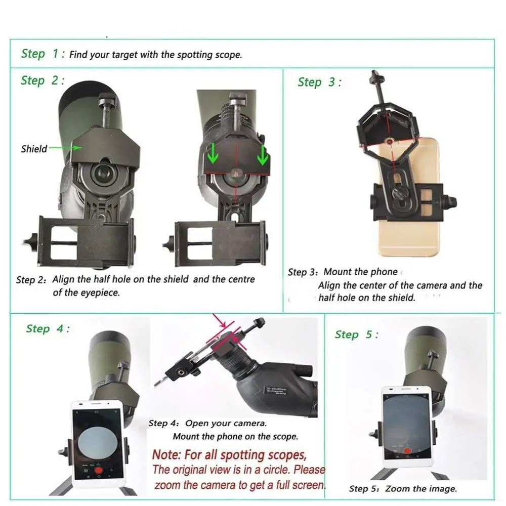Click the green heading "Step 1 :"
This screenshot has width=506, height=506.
point(43,54)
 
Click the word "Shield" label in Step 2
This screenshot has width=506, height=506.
point(34,149)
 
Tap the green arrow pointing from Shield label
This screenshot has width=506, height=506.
point(65,148)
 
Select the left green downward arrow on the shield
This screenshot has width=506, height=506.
point(213,153)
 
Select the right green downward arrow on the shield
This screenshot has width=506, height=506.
point(262,155)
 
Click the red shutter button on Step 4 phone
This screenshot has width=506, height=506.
point(99,470)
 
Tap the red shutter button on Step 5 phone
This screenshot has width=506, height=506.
point(408,450)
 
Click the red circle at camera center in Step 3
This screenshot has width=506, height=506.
point(390,141)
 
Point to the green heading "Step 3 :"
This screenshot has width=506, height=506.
point(319,82)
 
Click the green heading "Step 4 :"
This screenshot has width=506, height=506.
point(48,329)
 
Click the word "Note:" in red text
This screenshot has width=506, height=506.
point(166,455)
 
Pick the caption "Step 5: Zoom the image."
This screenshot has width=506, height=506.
point(403,489)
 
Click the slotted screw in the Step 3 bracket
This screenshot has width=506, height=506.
point(400,194)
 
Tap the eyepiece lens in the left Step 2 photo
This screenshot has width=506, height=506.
point(103,173)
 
